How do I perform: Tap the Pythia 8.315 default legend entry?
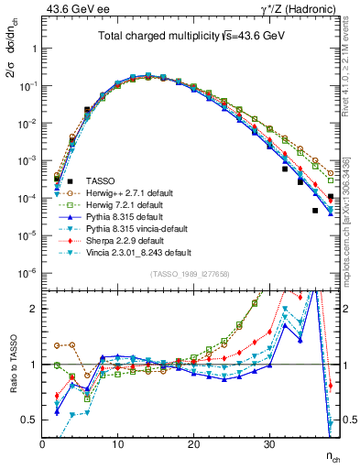tap(132, 217)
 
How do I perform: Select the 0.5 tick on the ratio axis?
tap(29, 420)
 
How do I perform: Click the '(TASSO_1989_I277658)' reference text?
tap(190, 275)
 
